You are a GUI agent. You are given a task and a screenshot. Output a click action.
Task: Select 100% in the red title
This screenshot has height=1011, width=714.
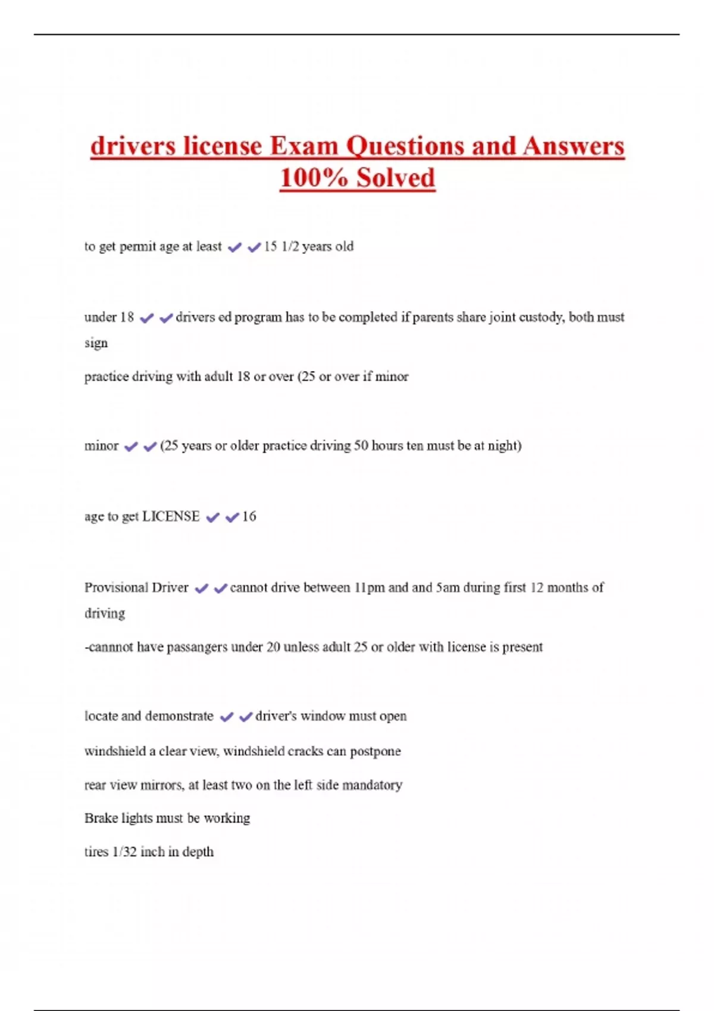314,178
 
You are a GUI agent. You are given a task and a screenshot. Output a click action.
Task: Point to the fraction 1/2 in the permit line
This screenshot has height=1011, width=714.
290,246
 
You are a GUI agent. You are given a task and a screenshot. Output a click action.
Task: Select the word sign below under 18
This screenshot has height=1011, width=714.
96,344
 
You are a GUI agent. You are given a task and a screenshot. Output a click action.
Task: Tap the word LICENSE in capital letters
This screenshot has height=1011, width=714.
171,516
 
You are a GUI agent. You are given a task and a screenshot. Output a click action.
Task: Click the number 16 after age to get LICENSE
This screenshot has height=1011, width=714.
249,516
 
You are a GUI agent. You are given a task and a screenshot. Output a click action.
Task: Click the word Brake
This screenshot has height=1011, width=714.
101,818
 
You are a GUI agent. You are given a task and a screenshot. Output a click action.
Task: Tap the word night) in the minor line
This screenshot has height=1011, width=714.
504,445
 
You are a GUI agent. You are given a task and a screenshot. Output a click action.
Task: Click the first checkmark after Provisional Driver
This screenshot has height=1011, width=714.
201,588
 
